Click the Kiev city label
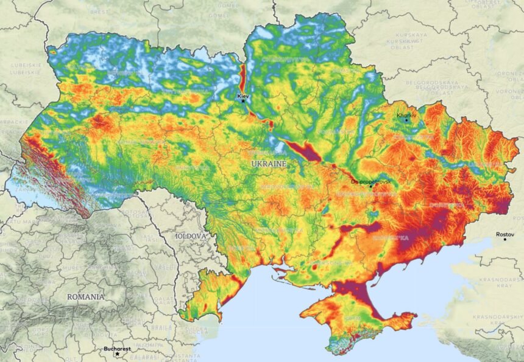(x=243, y=96)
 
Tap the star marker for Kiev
(x=243, y=101)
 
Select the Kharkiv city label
(x=406, y=115)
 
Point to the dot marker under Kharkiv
(x=407, y=120)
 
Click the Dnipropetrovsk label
(x=370, y=181)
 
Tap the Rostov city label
(x=505, y=234)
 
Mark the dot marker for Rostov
(x=505, y=240)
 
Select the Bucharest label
(x=117, y=349)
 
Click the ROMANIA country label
(x=85, y=297)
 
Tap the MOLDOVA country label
(x=191, y=235)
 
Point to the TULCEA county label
(x=193, y=329)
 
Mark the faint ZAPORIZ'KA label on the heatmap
(x=391, y=238)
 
